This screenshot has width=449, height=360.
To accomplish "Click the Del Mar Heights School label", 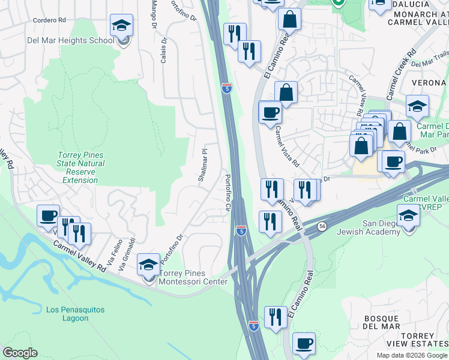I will (x=70, y=41).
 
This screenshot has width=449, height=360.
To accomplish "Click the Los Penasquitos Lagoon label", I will (x=75, y=314).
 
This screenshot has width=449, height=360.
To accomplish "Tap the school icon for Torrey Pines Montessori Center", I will (x=149, y=265).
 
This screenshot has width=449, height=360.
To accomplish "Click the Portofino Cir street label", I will (x=228, y=193).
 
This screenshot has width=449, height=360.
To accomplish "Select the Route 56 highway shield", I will (x=322, y=226).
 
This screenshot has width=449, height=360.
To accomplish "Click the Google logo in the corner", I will (x=20, y=353).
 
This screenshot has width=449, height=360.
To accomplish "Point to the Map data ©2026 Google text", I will (x=412, y=355).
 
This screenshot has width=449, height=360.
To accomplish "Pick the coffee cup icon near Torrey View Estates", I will (x=304, y=344).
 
